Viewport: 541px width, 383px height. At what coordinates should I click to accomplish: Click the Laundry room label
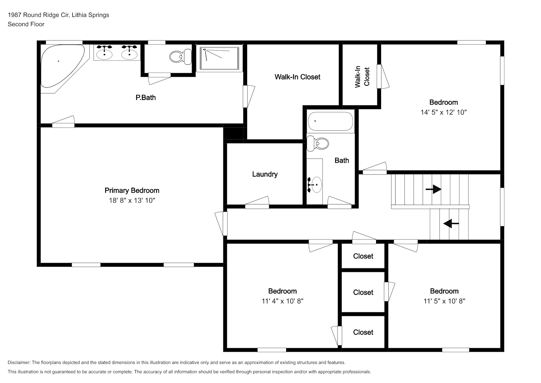click(x=265, y=174)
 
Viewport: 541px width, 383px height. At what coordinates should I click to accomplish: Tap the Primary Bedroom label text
click(x=132, y=190)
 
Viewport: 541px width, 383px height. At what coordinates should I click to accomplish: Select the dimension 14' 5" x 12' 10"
click(x=443, y=112)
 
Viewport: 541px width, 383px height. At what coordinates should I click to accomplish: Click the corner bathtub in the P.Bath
click(x=62, y=66)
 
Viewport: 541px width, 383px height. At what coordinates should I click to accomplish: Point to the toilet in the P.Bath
click(x=181, y=57)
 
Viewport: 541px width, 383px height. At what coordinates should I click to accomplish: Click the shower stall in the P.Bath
click(x=219, y=59)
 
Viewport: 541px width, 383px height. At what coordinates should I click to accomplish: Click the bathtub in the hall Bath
click(x=331, y=121)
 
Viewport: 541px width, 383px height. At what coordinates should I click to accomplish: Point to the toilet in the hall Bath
click(x=318, y=144)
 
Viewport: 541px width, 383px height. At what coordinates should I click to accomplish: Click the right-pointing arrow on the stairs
click(x=433, y=189)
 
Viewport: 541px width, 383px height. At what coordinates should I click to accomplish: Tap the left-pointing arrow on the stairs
click(x=451, y=223)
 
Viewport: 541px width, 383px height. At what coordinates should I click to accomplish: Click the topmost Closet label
click(x=363, y=256)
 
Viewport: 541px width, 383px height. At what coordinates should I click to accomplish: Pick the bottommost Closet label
click(x=363, y=332)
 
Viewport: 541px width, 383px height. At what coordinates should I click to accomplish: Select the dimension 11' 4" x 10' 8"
click(x=282, y=301)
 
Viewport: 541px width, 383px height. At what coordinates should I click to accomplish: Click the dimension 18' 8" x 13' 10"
click(x=132, y=200)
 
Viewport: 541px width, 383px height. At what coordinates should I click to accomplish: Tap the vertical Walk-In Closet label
click(x=362, y=77)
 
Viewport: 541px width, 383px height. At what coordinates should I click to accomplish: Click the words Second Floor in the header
click(x=26, y=24)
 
